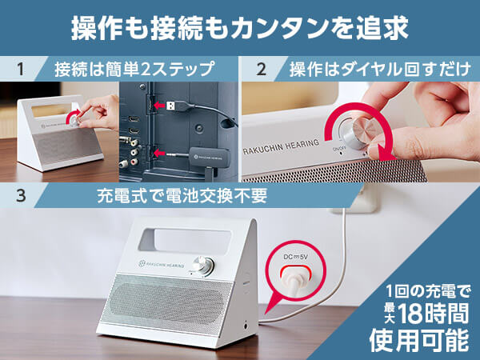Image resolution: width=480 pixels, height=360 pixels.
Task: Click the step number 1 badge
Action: tap(21, 69)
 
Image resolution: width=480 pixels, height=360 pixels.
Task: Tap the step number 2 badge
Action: tap(261, 69)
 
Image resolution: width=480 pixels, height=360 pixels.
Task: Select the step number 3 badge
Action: tap(21, 195)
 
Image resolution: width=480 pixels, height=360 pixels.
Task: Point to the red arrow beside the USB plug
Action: tap(159, 106)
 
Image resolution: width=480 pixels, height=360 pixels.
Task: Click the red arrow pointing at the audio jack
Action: tap(159, 153)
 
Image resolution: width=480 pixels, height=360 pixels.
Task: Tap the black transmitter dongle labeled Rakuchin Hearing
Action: tap(210, 157)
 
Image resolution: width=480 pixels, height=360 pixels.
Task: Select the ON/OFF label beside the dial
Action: tap(339, 149)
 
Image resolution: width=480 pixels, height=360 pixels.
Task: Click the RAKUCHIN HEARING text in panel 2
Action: tap(281, 147)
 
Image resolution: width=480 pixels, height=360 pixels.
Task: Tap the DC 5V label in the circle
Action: tap(295, 257)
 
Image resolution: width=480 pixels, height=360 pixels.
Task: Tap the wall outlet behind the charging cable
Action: tap(363, 199)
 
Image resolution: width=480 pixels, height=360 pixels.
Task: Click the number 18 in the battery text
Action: tap(412, 314)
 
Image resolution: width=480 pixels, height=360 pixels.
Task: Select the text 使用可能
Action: tap(418, 341)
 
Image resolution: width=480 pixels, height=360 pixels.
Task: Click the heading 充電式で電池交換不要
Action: tap(182, 196)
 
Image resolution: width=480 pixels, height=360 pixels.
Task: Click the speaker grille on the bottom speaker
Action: tap(170, 302)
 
